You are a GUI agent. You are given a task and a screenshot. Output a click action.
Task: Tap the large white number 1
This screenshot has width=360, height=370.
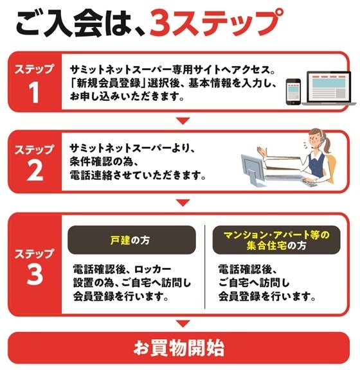(x=35, y=92)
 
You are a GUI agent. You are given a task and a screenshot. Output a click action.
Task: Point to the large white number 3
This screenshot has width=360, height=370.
(x=35, y=274)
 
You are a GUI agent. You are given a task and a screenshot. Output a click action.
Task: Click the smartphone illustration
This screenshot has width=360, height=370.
(x=293, y=92)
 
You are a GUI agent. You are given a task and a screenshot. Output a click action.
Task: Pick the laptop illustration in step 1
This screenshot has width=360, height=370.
(x=328, y=88)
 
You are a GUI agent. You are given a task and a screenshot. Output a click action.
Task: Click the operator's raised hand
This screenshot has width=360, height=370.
(x=262, y=151)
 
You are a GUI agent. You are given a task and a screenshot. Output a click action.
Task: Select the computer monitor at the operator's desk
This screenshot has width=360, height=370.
(x=252, y=169)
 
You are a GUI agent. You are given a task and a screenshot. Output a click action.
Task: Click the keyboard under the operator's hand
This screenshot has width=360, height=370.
(x=310, y=183)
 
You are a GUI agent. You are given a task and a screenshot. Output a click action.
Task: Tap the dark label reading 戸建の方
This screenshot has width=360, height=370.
(x=132, y=240)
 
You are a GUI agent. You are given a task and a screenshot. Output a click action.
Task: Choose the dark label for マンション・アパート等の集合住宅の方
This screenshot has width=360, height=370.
(x=276, y=240)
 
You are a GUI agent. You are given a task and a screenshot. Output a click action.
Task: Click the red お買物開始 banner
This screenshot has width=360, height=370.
(x=179, y=348)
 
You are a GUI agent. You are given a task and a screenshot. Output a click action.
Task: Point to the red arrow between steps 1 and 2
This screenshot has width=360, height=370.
(x=183, y=121)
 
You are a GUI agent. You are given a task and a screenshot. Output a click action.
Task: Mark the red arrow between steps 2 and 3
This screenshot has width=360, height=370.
(x=183, y=203)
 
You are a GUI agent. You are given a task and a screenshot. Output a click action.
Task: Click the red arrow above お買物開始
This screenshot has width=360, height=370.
(x=183, y=323)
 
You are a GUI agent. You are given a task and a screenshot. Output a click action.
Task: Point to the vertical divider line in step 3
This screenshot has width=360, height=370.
(x=204, y=267)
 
